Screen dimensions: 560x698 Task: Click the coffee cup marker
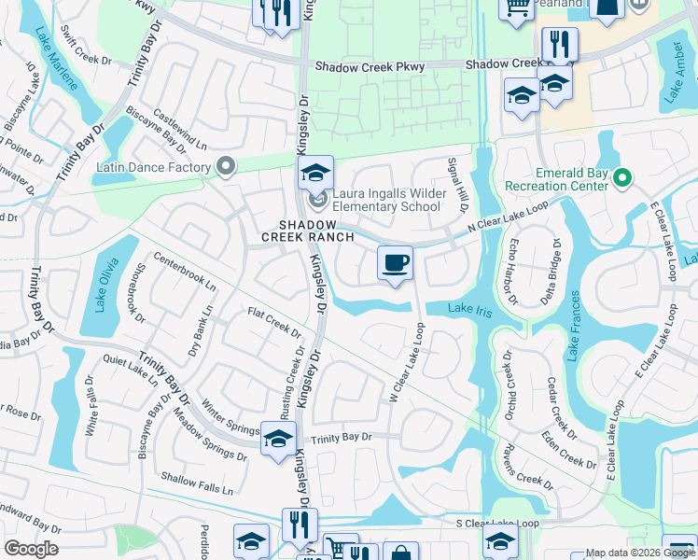click(x=395, y=262)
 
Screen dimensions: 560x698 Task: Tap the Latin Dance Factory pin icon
click(x=225, y=167)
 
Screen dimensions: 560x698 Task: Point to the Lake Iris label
click(x=469, y=309)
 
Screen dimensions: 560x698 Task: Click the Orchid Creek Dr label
click(x=509, y=385)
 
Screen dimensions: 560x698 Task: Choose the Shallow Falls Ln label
click(x=196, y=483)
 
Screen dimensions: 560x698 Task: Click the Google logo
click(x=31, y=549)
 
